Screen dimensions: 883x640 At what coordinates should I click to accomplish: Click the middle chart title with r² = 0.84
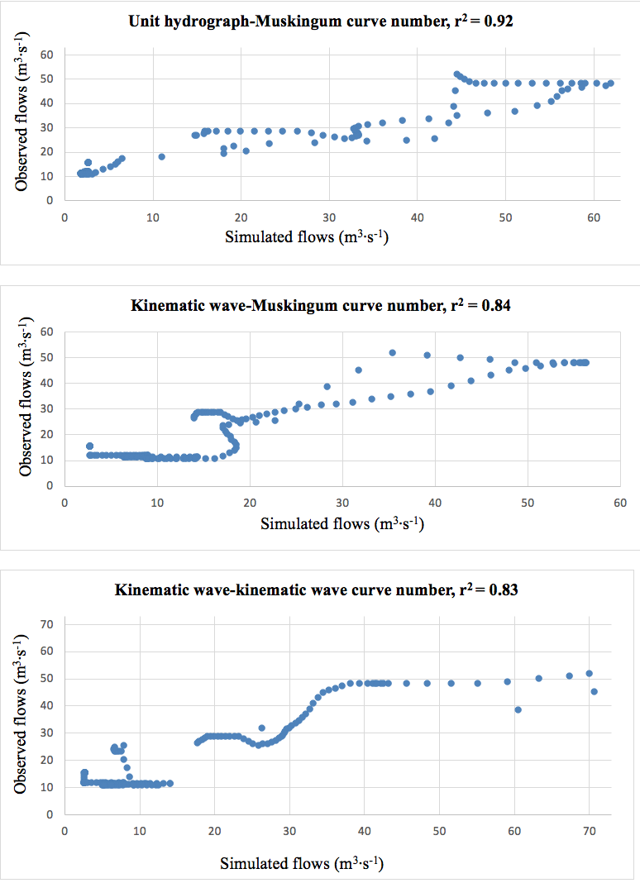(x=321, y=307)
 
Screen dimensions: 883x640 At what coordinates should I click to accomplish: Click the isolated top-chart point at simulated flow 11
(x=162, y=156)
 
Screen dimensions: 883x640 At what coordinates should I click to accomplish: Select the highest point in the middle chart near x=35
(x=392, y=353)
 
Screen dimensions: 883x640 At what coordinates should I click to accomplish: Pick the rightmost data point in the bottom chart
(x=594, y=691)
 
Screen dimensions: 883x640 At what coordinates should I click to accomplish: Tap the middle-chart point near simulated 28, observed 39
(x=327, y=386)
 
